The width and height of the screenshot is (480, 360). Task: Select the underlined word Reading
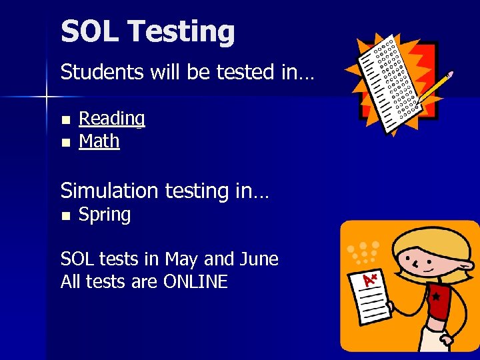[111, 119]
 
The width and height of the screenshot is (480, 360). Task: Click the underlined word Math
[99, 141]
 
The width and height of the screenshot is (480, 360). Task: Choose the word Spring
[105, 215]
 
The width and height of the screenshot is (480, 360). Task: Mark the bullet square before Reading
[65, 120]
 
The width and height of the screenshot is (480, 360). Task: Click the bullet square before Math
[65, 143]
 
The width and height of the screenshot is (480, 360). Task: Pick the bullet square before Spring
[65, 216]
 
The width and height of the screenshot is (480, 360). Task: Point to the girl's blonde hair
[427, 240]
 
